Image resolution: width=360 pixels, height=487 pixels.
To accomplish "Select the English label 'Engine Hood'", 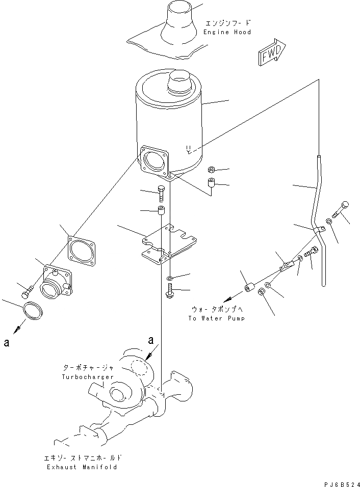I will tap(228, 32).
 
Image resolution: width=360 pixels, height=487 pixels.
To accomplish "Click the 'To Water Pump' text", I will tap(216, 318).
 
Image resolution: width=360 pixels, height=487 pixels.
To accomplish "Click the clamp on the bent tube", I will tap(319, 231).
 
